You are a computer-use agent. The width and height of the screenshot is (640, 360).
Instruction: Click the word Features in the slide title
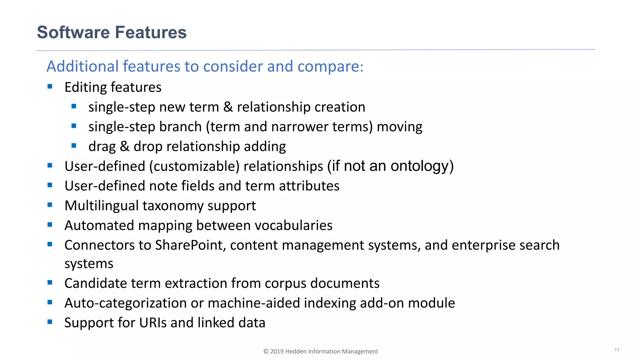[151, 32]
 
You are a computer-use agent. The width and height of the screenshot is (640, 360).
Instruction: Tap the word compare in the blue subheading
[330, 67]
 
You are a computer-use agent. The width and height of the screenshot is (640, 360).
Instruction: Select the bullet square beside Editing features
[50, 86]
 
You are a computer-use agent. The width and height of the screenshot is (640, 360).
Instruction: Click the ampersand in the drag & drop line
[124, 146]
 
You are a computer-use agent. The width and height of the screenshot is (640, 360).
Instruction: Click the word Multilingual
[101, 206]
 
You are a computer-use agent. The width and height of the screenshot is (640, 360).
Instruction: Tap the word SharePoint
[190, 245]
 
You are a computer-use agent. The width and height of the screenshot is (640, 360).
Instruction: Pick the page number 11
[617, 350]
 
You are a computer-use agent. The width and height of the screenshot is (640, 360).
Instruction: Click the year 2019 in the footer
[277, 351]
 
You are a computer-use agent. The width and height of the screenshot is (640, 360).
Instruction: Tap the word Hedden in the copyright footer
[296, 351]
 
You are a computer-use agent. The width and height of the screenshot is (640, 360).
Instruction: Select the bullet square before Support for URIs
[50, 322]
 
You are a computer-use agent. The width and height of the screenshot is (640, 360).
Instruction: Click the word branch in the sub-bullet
[180, 127]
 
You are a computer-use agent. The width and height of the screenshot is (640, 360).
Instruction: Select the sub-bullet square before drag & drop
[74, 145]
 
